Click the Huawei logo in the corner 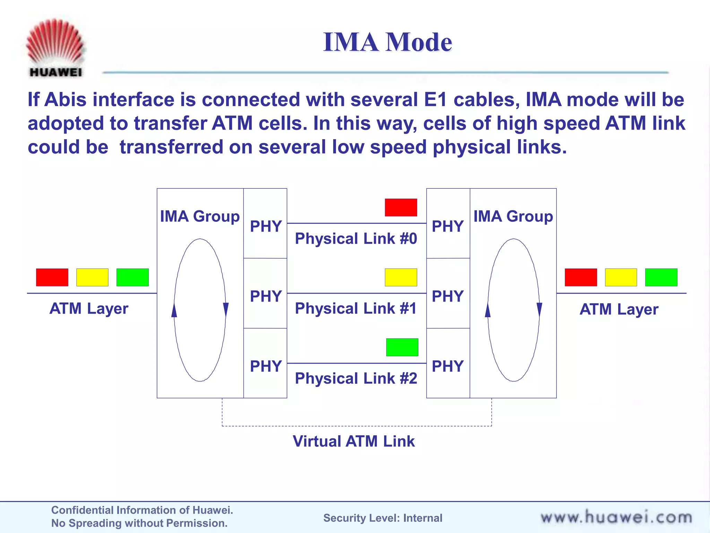click(x=55, y=48)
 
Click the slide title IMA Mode click(x=387, y=42)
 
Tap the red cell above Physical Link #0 click(x=401, y=208)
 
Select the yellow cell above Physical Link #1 click(x=401, y=277)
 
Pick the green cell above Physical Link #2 click(x=402, y=347)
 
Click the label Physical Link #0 click(x=356, y=239)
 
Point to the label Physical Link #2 click(x=356, y=378)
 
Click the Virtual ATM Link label click(x=354, y=441)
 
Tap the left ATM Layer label click(x=89, y=308)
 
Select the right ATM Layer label click(x=619, y=309)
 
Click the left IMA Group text click(x=200, y=216)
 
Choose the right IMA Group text click(x=513, y=216)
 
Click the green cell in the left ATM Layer click(x=132, y=277)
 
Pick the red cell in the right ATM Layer click(x=581, y=277)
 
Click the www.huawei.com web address click(x=616, y=517)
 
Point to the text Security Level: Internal click(x=383, y=518)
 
